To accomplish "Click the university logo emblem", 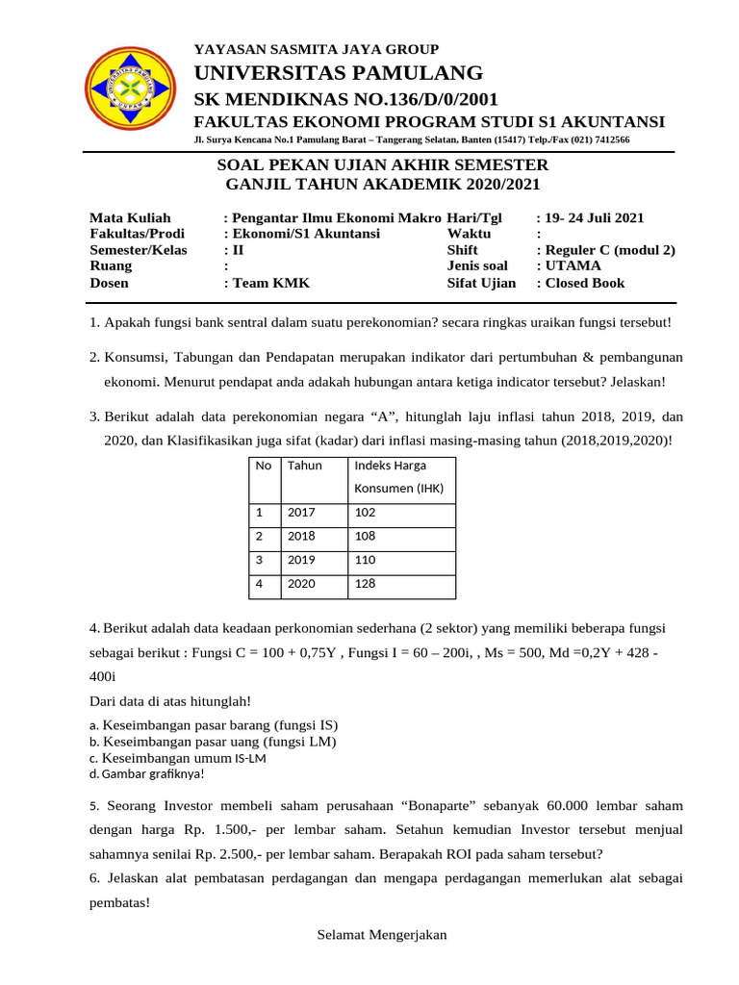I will coord(130,89).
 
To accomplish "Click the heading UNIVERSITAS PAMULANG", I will coord(339,73).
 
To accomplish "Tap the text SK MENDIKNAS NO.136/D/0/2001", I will coord(346,100).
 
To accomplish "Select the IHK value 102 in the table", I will coord(366,513).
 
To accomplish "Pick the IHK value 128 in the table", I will coord(366,584).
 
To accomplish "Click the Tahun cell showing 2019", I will coord(301,560).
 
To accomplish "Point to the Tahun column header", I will coord(304,466).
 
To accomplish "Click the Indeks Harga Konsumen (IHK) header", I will coord(398,476).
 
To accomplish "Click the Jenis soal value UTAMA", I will coord(573,266).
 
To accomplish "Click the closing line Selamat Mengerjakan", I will coord(382,935).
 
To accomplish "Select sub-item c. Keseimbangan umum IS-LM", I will coord(178,758).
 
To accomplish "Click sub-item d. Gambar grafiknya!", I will coord(146,773).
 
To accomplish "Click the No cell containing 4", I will coord(260,584).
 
